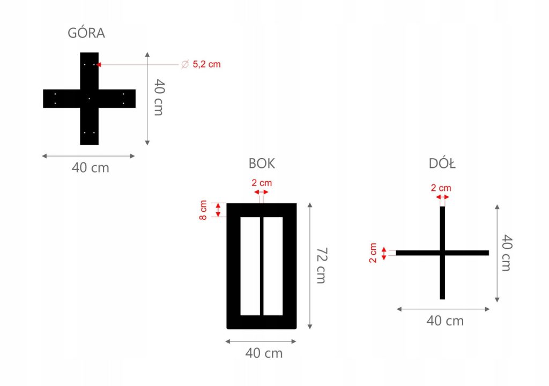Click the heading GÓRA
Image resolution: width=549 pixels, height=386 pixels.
(x=86, y=33)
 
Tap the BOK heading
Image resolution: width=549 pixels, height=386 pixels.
(x=262, y=164)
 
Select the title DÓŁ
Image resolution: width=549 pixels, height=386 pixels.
(x=442, y=164)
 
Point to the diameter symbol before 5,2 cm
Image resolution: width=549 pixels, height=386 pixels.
(x=184, y=64)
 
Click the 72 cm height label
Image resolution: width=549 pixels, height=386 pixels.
(x=320, y=266)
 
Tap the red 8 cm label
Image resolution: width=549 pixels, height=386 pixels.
(x=204, y=210)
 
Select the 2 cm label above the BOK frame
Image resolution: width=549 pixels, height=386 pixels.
(x=262, y=183)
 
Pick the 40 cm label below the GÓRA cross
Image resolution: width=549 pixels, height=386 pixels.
(x=90, y=168)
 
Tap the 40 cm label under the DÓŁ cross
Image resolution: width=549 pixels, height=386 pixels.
(x=445, y=321)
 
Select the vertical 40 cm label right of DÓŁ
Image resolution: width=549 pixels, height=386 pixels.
(x=506, y=253)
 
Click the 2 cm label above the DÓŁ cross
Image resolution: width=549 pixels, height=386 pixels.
(x=441, y=188)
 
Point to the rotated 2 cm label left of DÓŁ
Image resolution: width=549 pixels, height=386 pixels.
(x=373, y=253)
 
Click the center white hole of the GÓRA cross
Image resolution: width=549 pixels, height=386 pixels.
(x=89, y=99)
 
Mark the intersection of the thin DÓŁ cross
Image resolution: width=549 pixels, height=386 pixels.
(x=442, y=253)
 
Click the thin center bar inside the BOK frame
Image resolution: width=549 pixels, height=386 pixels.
(x=262, y=266)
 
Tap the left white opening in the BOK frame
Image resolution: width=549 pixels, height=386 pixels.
(x=250, y=266)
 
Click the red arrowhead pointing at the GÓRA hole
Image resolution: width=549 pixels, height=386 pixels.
(x=99, y=64)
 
